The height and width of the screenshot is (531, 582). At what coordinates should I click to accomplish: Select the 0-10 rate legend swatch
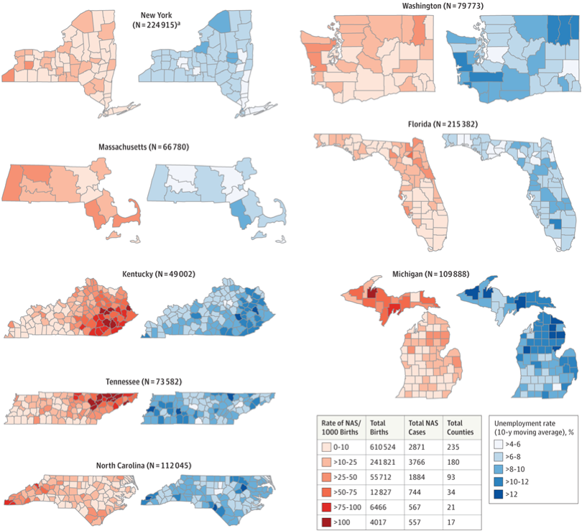(328, 448)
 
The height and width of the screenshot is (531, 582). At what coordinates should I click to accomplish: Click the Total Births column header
(382, 427)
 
